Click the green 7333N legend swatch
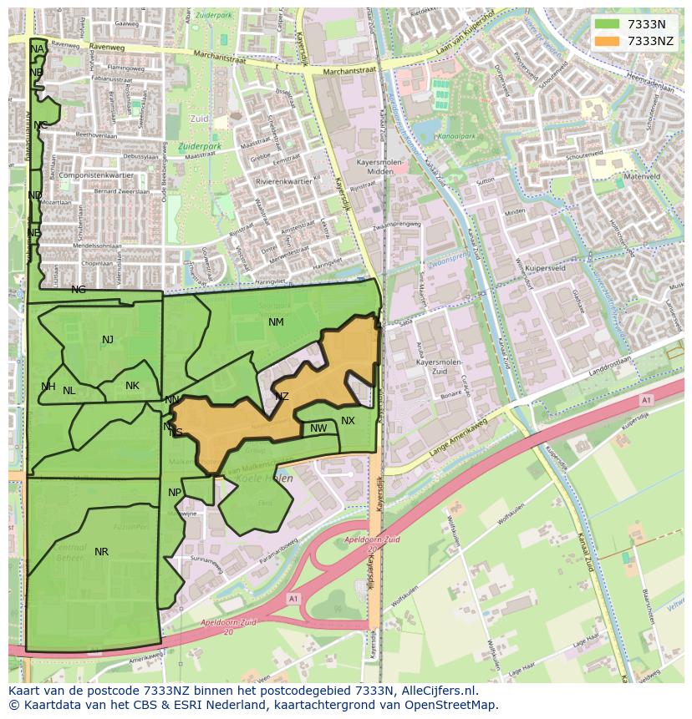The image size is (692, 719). point(608,24)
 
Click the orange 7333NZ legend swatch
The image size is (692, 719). point(608,41)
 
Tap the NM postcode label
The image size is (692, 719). point(276,322)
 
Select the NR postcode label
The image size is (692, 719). point(101,552)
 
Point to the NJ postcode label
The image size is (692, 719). point(108,340)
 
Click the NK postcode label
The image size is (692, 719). point(132,386)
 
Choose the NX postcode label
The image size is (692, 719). point(348,421)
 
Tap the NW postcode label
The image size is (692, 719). point(318,429)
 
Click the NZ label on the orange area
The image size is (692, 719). point(282,397)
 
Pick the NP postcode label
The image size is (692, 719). point(175,493)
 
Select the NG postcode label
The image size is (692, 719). point(79,290)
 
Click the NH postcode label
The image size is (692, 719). point(48,387)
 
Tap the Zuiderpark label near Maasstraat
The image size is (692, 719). point(199,146)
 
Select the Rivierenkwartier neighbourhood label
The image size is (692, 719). point(284,181)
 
